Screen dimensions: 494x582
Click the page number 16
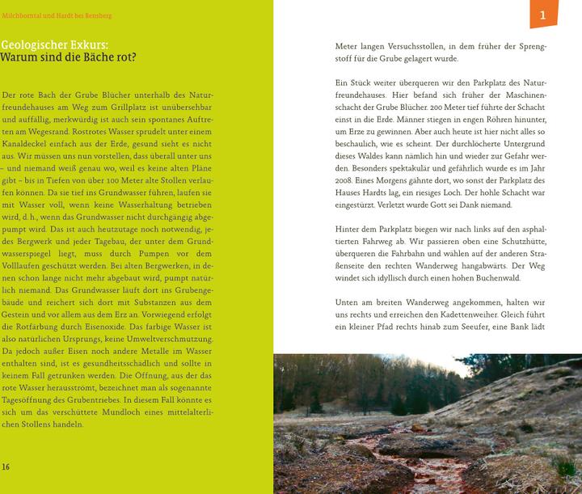6,467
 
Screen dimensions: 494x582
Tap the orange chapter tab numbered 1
542,14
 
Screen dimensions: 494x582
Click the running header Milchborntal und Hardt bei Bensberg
57,15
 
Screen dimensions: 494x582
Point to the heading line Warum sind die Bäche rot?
69,58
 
